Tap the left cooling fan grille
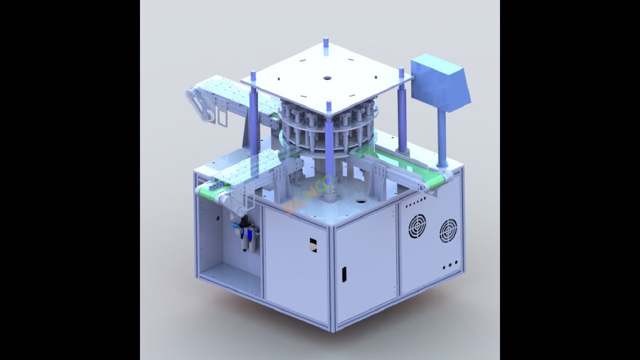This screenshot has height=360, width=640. coord(417,226)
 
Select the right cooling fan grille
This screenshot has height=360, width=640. coord(448,230)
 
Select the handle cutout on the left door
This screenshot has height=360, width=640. coord(313,243)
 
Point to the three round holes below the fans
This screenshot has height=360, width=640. coord(450,264)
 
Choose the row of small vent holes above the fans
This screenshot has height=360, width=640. coord(416,201)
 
